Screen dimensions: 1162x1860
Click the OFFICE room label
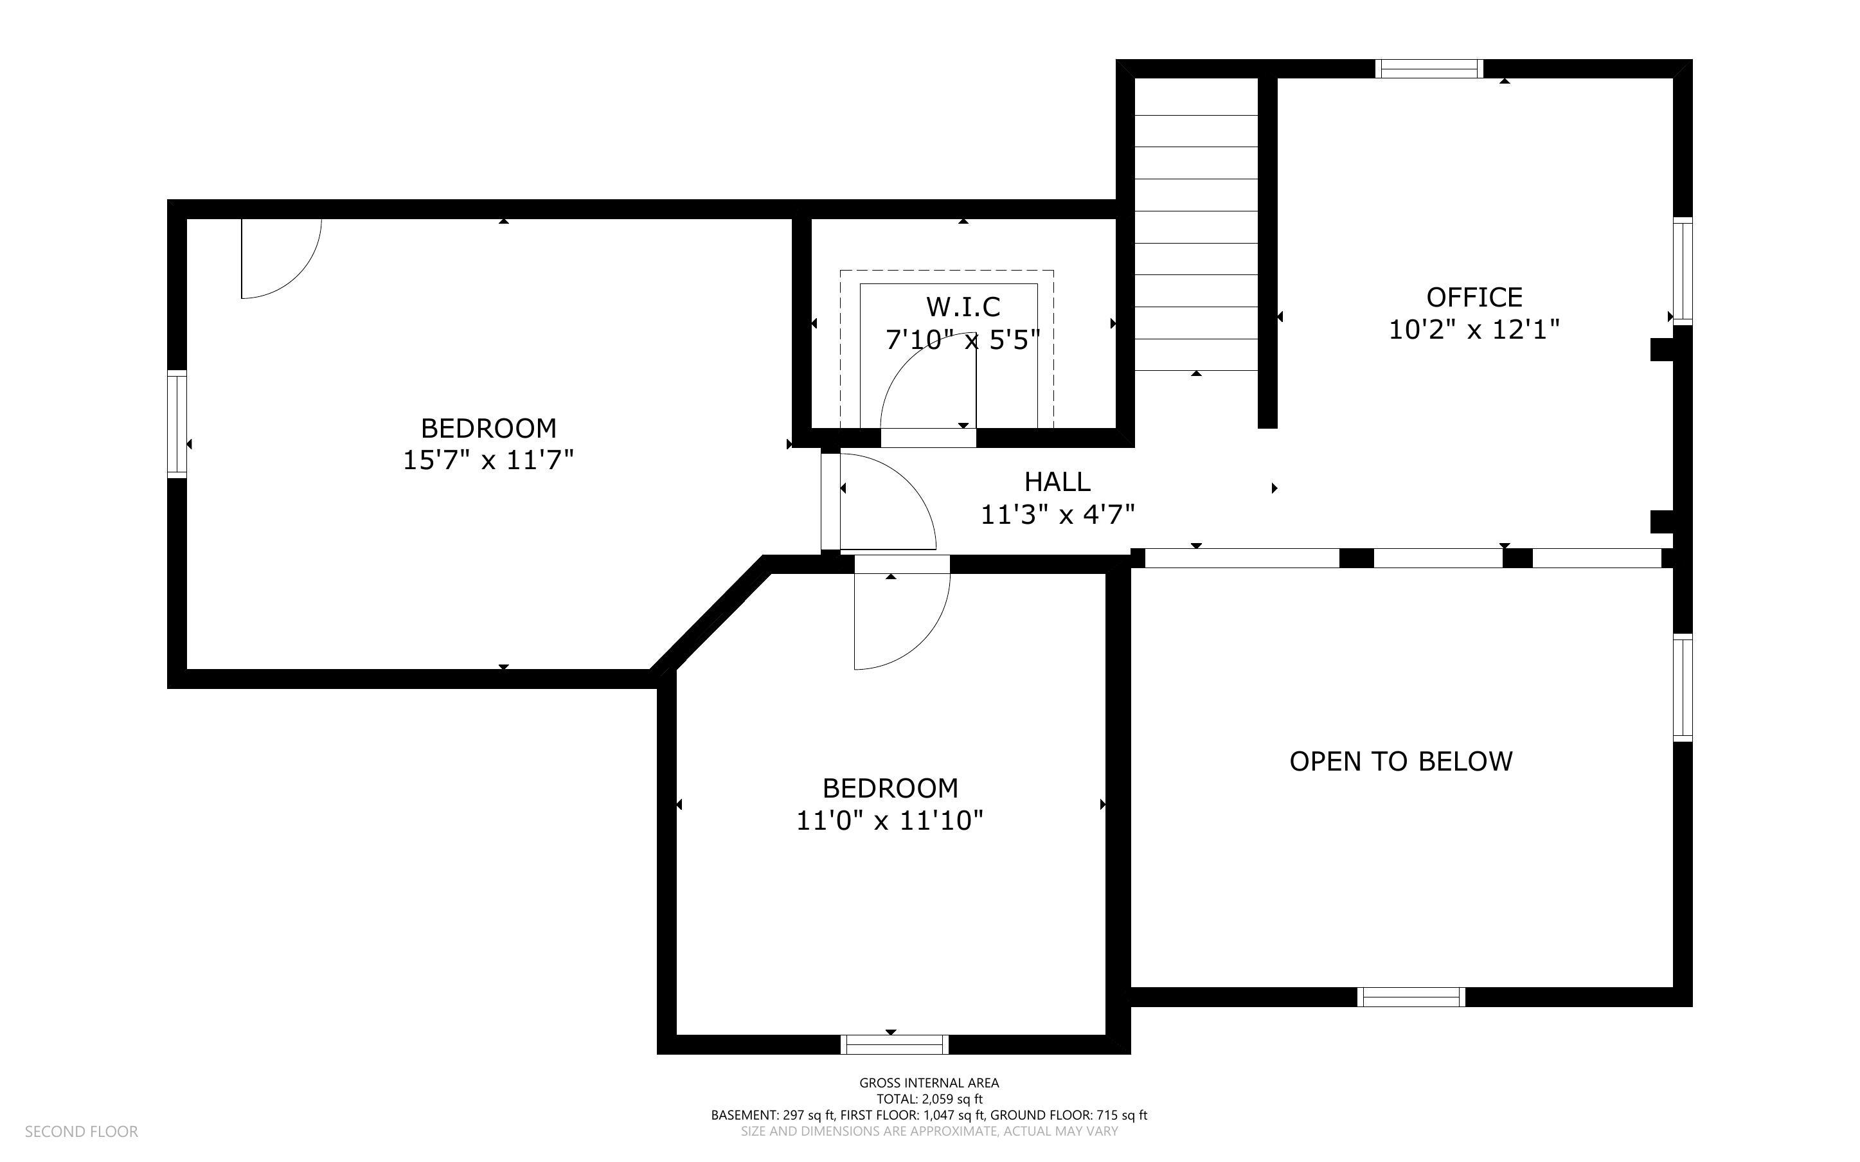1474,298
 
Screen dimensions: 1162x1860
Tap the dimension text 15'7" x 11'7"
488,460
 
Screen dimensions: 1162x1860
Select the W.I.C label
963,307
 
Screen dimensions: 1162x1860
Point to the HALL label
1057,482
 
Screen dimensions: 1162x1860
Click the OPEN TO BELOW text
1400,762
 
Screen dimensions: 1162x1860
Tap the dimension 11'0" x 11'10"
890,821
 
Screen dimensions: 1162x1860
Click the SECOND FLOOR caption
82,1131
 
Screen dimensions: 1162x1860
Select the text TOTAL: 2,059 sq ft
929,1099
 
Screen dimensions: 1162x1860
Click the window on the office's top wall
1428,68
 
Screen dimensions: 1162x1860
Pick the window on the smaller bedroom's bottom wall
894,1044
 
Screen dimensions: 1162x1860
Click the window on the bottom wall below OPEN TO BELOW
1411,997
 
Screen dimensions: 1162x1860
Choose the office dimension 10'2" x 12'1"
1474,330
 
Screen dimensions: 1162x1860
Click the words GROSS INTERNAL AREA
929,1083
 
